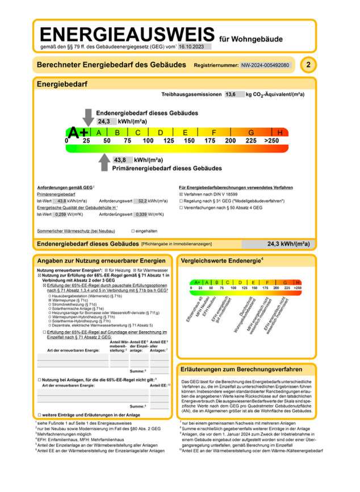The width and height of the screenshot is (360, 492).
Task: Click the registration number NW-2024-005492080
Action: [265, 65]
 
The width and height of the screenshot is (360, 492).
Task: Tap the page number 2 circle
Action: [308, 65]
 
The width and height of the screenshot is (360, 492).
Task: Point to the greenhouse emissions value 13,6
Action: [232, 94]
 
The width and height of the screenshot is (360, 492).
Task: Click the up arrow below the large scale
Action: [104, 164]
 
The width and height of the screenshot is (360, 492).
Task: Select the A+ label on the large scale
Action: [78, 133]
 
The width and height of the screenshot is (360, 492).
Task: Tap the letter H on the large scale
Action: [280, 132]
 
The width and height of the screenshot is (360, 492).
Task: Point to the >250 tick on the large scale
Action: [271, 140]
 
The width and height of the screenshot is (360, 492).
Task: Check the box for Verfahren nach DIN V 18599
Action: [181, 194]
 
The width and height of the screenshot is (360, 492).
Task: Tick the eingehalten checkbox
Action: [133, 231]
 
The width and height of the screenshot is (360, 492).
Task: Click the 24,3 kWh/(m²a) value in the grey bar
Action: [288, 244]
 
